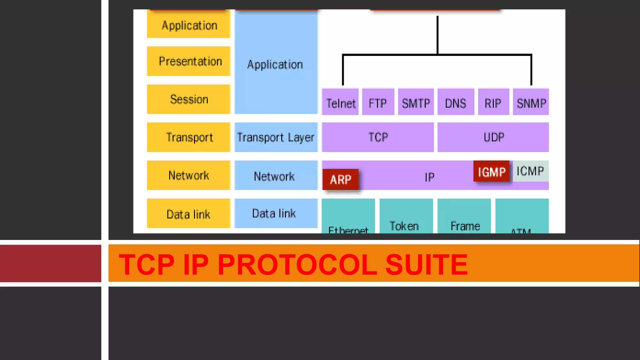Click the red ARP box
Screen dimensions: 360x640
coord(340,179)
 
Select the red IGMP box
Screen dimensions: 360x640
coord(491,171)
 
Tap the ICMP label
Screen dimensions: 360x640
coord(530,171)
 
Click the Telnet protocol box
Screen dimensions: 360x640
coord(340,102)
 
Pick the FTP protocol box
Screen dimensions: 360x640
coord(378,102)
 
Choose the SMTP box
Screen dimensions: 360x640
coord(416,102)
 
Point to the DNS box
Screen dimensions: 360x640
coord(456,102)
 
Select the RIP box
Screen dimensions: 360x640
coord(493,102)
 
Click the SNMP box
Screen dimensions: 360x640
coord(531,102)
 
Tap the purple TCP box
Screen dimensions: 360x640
coord(378,137)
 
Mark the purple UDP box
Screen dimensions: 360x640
coord(493,137)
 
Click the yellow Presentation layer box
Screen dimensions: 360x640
coord(189,61)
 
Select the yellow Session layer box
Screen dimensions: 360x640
coord(189,99)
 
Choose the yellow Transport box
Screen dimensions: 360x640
coord(189,137)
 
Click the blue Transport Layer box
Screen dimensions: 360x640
coord(276,137)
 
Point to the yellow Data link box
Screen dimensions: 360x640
coord(189,213)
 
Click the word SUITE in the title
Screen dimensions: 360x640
coord(427,264)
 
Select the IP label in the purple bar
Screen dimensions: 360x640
coord(429,177)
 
